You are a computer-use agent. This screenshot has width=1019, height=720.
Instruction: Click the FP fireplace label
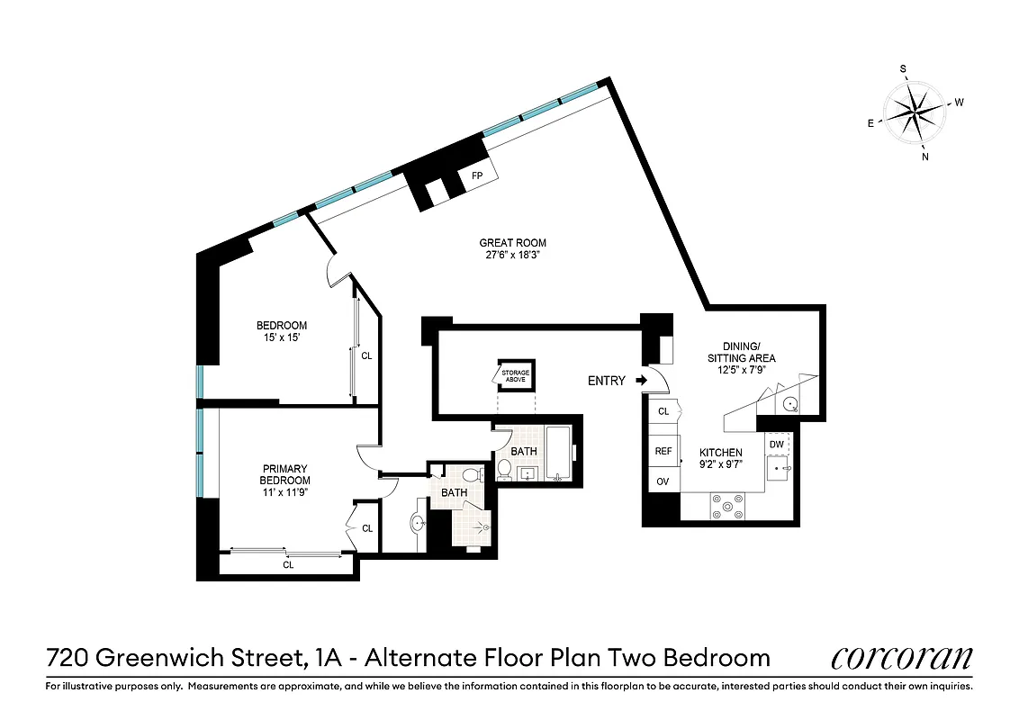pyautogui.click(x=477, y=175)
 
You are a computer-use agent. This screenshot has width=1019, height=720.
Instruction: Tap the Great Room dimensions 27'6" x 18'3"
pyautogui.click(x=512, y=255)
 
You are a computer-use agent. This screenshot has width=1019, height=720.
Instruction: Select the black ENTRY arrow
pyautogui.click(x=641, y=381)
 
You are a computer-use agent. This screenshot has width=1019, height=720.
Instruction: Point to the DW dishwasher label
pyautogui.click(x=776, y=444)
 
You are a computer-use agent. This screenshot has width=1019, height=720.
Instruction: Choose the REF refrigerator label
pyautogui.click(x=663, y=452)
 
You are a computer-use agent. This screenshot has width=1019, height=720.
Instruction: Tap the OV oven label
pyautogui.click(x=663, y=481)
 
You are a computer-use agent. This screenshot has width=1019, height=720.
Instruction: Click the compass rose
pyautogui.click(x=915, y=113)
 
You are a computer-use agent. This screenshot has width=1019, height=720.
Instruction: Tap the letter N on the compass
pyautogui.click(x=925, y=157)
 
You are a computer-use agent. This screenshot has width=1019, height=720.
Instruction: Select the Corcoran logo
pyautogui.click(x=901, y=658)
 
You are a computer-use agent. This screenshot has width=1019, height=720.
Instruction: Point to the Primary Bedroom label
pyautogui.click(x=284, y=474)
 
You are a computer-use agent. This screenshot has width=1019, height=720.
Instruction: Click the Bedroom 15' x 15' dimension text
pyautogui.click(x=282, y=337)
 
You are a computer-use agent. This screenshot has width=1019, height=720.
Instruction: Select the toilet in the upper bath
pyautogui.click(x=505, y=469)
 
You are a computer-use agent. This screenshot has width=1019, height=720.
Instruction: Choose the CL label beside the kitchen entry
pyautogui.click(x=663, y=411)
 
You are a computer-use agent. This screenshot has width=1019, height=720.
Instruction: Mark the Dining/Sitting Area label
pyautogui.click(x=748, y=352)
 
